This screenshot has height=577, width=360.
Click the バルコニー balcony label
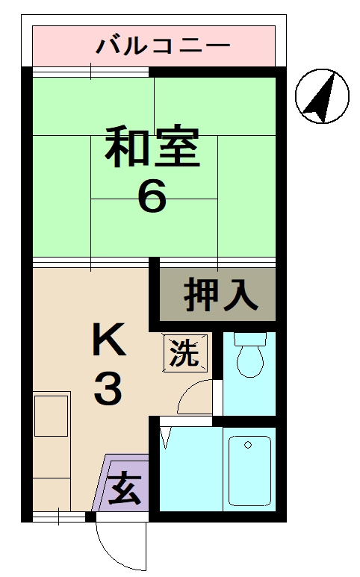pos(163,47)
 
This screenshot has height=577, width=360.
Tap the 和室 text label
pos(152,149)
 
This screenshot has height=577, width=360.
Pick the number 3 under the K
pos(108,389)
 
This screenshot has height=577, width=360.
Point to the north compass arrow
pos(320,96)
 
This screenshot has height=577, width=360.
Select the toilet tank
pos(249,338)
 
